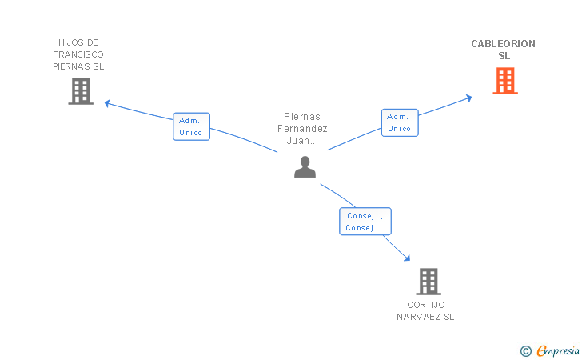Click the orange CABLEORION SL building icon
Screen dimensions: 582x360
tap(505, 81)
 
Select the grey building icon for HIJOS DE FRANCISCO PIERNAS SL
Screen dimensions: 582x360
tap(81, 91)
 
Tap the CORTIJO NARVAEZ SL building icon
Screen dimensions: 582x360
tap(429, 282)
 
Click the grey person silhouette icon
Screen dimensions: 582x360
tap(305, 167)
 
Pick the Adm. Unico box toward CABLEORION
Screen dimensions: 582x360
tap(400, 122)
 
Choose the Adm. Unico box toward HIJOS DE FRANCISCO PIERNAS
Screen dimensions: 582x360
tap(192, 126)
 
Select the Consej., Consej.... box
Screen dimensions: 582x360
tap(365, 222)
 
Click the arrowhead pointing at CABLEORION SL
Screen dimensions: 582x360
tap(469, 98)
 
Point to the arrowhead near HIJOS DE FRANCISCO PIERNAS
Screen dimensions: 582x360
tap(107, 103)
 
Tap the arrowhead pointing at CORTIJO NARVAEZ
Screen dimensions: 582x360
tap(408, 258)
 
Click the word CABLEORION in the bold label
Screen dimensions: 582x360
tap(504, 44)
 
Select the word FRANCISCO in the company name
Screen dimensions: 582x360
tap(78, 54)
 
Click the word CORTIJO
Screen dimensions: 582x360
tap(426, 305)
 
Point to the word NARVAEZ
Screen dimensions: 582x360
tap(419, 317)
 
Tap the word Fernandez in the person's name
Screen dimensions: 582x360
tap(302, 129)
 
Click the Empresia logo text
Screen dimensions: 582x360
tap(558, 350)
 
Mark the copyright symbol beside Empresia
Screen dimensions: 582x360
tap(526, 351)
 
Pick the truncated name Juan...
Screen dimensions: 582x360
tap(302, 141)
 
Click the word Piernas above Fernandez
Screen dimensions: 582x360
tap(302, 117)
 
